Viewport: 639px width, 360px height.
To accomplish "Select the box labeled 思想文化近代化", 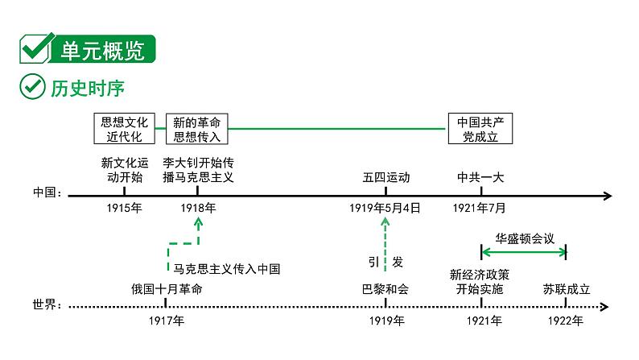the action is pos(125,129).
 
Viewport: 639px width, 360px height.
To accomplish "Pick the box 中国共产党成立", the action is pos(480,129).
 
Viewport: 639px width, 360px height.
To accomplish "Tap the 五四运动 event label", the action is pos(385,176).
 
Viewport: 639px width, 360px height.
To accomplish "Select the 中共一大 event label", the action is pos(480,176).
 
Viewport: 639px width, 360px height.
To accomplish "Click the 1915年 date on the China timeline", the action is pos(125,208).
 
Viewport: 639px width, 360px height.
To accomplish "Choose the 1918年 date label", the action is pos(198,208).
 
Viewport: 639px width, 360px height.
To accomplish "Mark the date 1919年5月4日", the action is pos(385,208).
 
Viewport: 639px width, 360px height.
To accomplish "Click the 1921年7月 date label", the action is pos(480,208).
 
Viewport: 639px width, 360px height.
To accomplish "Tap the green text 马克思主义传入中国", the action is pos(227,268).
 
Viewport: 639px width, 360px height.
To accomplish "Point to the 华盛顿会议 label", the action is pos(524,238).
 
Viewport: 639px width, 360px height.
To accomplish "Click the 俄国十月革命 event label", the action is pos(167,288).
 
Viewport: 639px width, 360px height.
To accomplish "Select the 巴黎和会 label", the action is pos(385,288).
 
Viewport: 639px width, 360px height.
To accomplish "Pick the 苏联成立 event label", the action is pos(566,288).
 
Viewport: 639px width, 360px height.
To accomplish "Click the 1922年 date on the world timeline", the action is pos(566,321).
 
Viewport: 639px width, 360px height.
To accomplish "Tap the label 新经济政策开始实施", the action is pos(480,281).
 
